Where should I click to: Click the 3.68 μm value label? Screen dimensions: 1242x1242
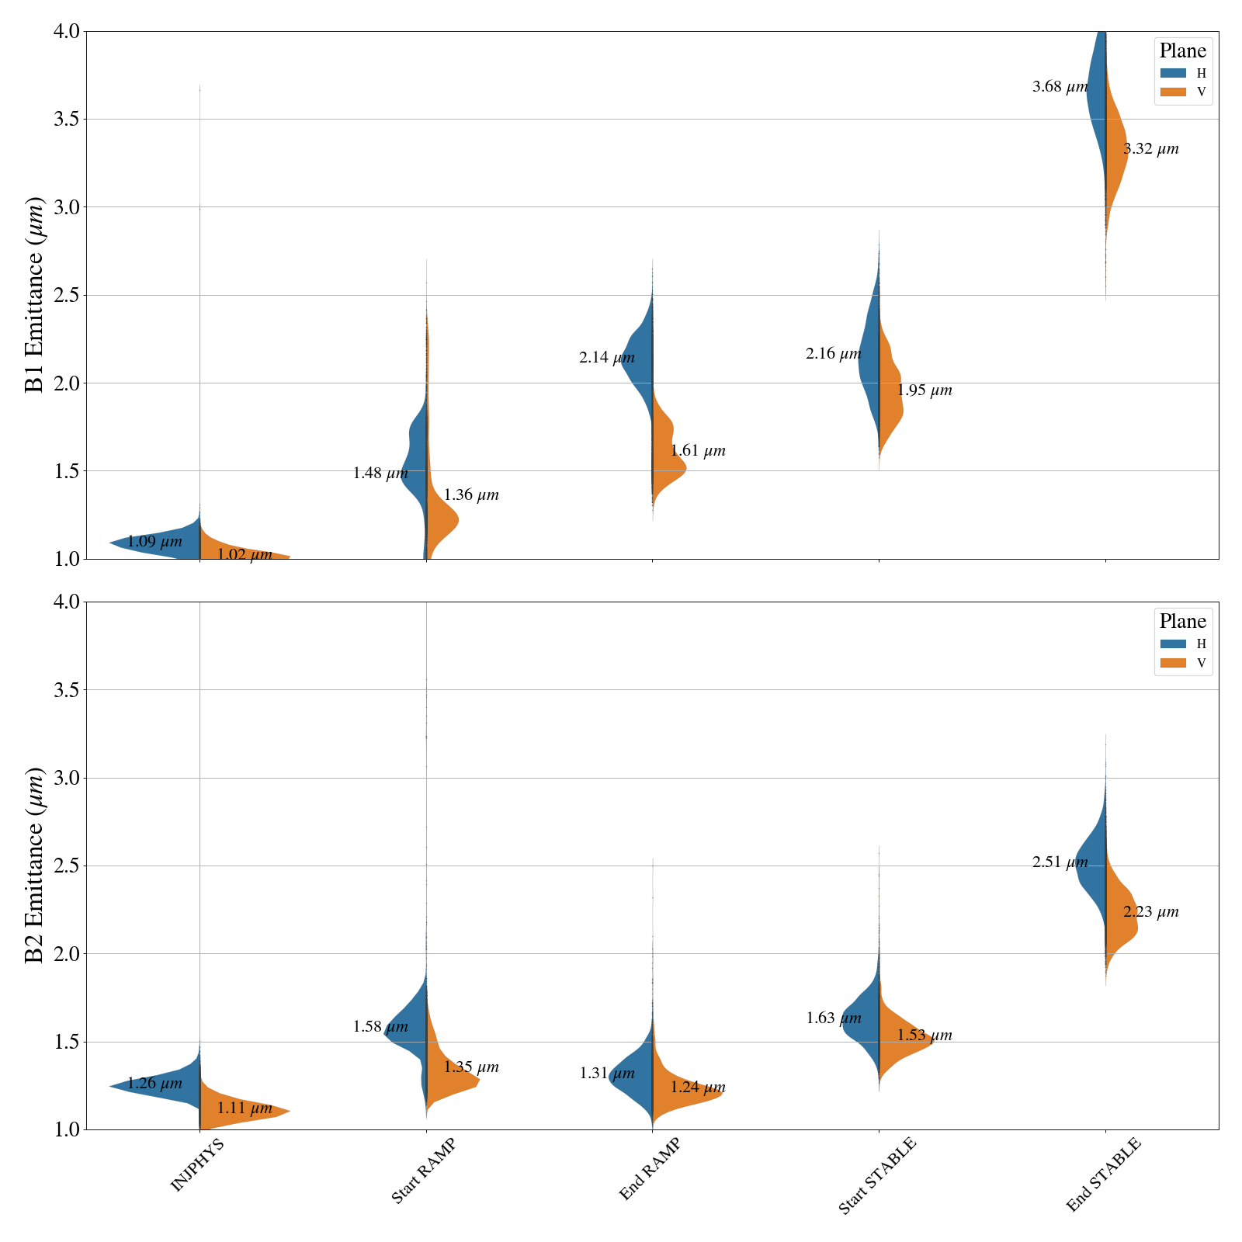click(1060, 87)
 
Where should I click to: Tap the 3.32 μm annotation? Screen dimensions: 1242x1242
click(1150, 149)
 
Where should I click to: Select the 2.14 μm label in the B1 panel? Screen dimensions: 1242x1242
click(606, 358)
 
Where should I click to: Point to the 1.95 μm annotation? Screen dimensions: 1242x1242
click(924, 390)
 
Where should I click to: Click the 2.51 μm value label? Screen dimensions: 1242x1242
click(1060, 862)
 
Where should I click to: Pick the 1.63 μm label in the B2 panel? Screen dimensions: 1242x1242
click(833, 1018)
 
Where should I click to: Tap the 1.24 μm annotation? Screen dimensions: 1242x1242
click(697, 1088)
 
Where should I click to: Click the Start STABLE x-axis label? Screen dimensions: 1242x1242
click(877, 1175)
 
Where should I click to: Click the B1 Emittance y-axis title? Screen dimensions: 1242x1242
click(35, 295)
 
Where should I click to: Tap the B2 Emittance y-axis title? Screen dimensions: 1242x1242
click(35, 866)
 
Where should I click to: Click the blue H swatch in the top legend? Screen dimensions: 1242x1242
click(1173, 73)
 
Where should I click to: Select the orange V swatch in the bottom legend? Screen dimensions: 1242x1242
click(1173, 663)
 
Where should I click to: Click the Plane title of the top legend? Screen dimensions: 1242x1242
click(1182, 51)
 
